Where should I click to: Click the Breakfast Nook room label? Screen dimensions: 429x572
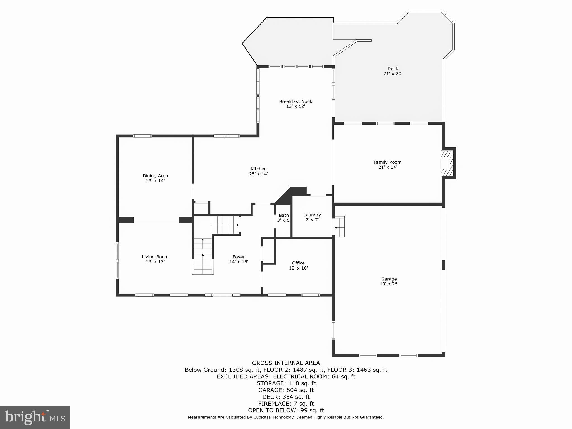click(x=295, y=102)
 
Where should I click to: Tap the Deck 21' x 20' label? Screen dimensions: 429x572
click(x=393, y=71)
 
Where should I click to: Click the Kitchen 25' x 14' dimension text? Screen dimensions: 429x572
click(x=259, y=174)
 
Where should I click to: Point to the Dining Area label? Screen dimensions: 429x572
click(x=155, y=176)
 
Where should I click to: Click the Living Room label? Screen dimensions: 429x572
click(x=155, y=257)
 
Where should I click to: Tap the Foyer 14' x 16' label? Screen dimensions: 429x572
click(x=239, y=259)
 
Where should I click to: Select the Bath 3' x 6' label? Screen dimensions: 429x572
click(x=284, y=218)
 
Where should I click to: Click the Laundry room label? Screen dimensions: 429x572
click(x=312, y=215)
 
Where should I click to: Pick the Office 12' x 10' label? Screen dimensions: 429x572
click(x=298, y=265)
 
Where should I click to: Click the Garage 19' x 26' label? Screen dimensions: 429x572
click(x=389, y=281)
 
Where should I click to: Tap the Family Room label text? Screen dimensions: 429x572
click(x=388, y=162)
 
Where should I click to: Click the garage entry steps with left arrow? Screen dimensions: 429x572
click(x=340, y=227)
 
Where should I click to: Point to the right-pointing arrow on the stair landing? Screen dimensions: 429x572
click(x=238, y=225)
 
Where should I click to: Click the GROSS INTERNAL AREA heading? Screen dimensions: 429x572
click(x=286, y=363)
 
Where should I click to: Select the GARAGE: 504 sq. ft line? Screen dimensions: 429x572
click(x=286, y=390)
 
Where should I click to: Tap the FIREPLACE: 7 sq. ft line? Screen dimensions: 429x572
click(x=286, y=404)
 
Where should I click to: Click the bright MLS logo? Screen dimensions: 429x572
click(x=35, y=417)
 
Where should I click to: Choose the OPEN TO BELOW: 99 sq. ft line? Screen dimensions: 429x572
click(x=286, y=410)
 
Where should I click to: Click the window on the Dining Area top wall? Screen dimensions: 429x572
click(x=142, y=136)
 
